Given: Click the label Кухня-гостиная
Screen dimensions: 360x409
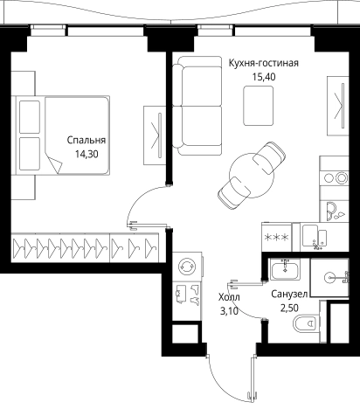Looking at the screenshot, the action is click(263, 63).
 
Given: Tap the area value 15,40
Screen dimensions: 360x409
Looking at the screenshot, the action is click(264, 77).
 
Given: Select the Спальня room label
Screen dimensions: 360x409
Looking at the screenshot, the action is click(87, 140).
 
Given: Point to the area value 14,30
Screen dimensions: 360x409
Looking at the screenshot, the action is click(87, 154).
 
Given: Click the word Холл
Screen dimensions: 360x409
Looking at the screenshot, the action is click(229, 297).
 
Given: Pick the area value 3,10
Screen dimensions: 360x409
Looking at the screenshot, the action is click(229, 311).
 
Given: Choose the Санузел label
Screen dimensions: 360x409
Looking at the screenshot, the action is click(289, 295).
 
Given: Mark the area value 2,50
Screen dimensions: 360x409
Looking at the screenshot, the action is click(289, 308).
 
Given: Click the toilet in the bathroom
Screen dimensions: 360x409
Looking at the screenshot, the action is click(306, 323).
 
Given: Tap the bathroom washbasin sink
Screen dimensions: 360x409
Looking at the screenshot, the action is click(285, 270).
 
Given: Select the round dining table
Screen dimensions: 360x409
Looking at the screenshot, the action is click(252, 176).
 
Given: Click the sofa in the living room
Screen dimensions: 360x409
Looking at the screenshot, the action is click(197, 106).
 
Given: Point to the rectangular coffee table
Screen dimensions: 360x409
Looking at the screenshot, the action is click(259, 106).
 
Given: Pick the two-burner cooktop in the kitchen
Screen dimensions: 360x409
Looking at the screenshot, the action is click(334, 177).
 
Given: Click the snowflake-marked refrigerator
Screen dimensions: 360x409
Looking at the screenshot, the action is click(277, 237).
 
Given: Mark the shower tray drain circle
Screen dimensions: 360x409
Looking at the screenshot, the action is click(329, 278).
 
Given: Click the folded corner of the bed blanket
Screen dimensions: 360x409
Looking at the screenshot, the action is click(54, 164).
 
